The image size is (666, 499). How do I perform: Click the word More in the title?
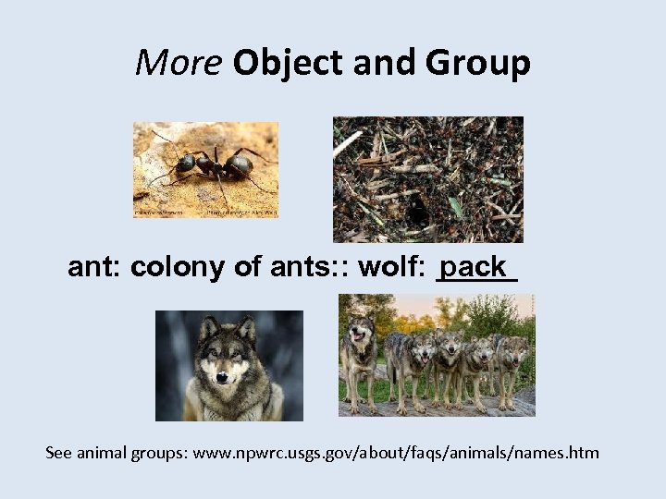click(x=179, y=63)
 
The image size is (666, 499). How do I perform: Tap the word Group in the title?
click(x=477, y=63)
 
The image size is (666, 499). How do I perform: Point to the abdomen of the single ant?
click(x=238, y=165)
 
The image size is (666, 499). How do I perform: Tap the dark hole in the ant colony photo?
click(x=417, y=212)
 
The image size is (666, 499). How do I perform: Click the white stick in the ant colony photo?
click(x=348, y=143)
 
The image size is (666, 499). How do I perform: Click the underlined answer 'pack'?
click(x=475, y=267)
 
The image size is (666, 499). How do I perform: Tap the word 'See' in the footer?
click(x=59, y=453)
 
